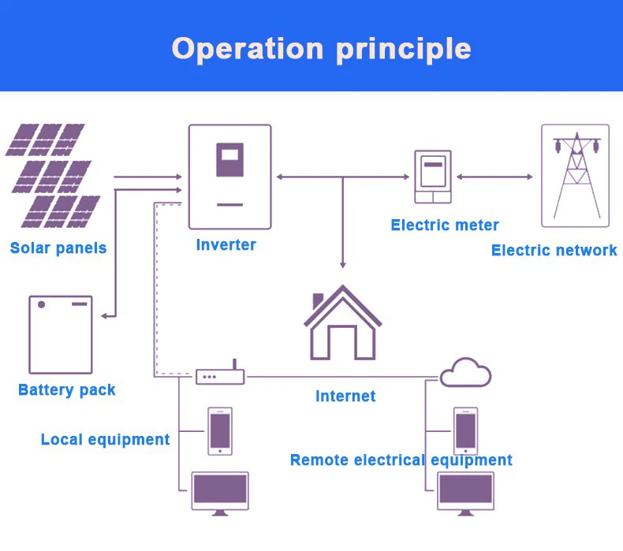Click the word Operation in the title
click(x=248, y=50)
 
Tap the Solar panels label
click(x=58, y=248)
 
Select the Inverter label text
click(x=226, y=244)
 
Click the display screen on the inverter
click(x=230, y=160)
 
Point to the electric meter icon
click(x=433, y=177)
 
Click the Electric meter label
click(x=445, y=225)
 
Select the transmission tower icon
click(x=576, y=176)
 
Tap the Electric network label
click(x=554, y=250)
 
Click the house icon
click(x=343, y=322)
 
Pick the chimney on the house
click(x=318, y=300)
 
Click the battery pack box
click(x=61, y=334)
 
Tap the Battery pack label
click(x=67, y=389)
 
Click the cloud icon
click(x=465, y=372)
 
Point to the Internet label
click(x=345, y=396)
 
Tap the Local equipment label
click(x=106, y=439)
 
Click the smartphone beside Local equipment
click(x=220, y=431)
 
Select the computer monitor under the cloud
click(x=465, y=493)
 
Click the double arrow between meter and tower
click(x=494, y=177)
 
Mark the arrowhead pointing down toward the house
click(x=343, y=264)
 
